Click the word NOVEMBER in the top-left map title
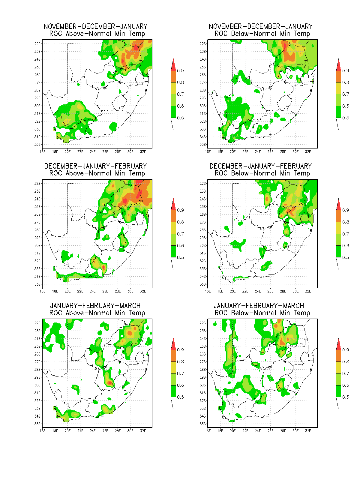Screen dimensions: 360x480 point(60,26)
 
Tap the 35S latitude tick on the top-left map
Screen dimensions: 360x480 point(37,145)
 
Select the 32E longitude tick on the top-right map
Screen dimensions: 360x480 point(308,151)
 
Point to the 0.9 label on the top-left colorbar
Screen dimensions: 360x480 point(180,70)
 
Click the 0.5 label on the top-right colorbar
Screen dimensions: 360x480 point(346,118)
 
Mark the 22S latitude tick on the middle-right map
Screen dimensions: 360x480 point(202,183)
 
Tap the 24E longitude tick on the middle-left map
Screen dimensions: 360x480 point(93,291)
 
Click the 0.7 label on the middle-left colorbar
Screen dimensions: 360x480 point(180,233)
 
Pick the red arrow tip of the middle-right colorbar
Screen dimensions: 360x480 point(339,199)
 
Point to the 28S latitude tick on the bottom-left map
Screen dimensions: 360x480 point(37,369)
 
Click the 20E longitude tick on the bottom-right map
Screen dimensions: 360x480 point(232,430)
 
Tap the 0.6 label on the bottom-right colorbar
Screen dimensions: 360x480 point(346,385)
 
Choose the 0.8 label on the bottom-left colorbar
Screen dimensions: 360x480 point(180,361)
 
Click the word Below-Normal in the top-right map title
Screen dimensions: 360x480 point(253,34)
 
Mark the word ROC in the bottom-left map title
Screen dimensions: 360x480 point(55,313)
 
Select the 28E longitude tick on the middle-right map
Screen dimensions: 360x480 point(283,291)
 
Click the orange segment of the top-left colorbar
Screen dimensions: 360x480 point(173,76)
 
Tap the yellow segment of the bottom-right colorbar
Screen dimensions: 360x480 point(339,367)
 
